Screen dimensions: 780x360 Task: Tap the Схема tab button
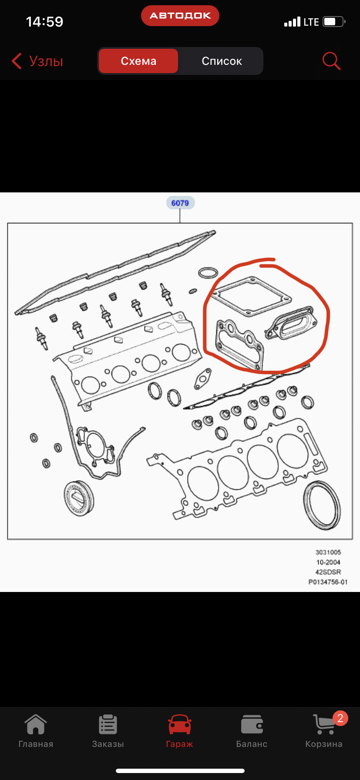(138, 61)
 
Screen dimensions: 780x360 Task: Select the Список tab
(222, 61)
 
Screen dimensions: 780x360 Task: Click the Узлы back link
(38, 61)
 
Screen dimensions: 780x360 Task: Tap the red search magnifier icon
(331, 61)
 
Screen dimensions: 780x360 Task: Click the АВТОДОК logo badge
(180, 16)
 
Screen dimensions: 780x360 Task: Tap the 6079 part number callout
(180, 203)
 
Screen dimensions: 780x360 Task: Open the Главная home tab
(36, 731)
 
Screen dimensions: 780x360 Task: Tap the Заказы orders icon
(108, 725)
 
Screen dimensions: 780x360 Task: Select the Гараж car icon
(179, 725)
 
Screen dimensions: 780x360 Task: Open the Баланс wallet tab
(252, 731)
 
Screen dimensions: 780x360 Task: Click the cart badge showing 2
(340, 718)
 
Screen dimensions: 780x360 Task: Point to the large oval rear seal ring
(322, 505)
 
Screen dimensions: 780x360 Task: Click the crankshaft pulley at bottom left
(79, 498)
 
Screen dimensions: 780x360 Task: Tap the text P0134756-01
(328, 582)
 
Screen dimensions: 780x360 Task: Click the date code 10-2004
(328, 562)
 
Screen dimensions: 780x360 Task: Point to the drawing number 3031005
(328, 552)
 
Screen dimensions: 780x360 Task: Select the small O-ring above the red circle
(208, 273)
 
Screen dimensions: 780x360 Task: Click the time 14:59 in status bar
(44, 22)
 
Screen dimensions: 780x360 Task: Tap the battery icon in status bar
(333, 22)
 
